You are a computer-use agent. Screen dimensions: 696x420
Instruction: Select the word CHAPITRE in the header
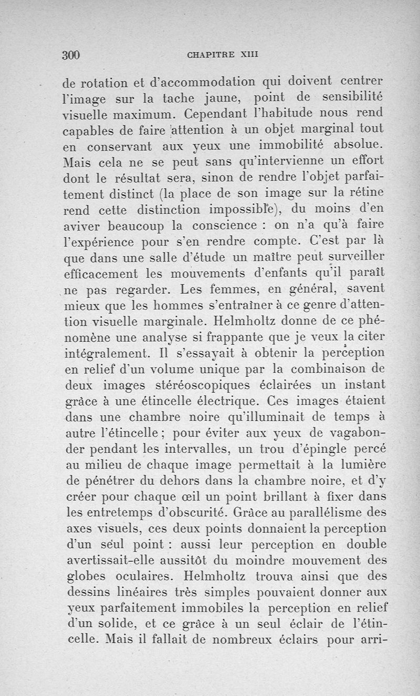[208, 55]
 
